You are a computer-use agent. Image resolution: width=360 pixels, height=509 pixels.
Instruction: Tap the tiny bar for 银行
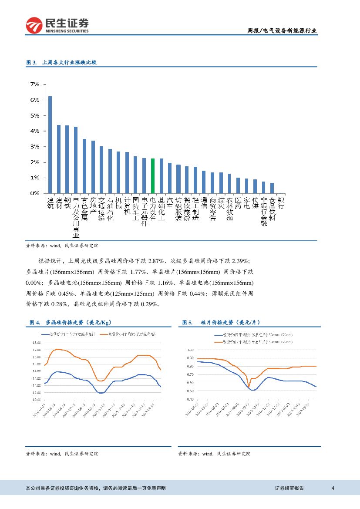tap(281, 193)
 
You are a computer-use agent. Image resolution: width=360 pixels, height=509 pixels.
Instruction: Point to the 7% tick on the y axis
tap(34, 84)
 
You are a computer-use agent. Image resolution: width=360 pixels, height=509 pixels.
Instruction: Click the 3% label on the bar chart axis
tap(34, 146)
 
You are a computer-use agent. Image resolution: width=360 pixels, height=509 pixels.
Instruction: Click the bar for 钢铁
tap(67, 159)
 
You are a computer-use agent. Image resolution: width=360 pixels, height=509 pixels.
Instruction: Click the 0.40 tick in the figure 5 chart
tap(190, 399)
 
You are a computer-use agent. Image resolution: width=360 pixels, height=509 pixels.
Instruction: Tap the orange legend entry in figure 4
tap(128, 334)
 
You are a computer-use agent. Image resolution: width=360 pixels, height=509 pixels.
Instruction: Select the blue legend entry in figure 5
tap(252, 335)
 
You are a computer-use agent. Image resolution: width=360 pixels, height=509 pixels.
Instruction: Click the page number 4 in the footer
tap(333, 488)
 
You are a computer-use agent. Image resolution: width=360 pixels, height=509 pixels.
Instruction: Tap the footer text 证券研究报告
tap(289, 488)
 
